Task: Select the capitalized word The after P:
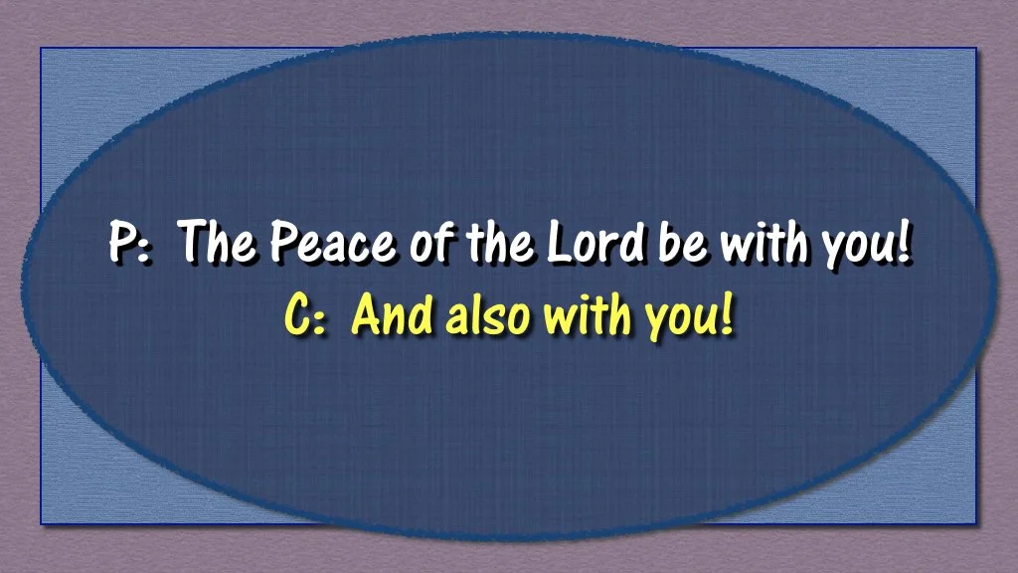pyautogui.click(x=218, y=244)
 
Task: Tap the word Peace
pyautogui.click(x=332, y=244)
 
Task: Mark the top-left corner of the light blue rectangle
pyautogui.click(x=41, y=48)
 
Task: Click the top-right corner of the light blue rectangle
pyautogui.click(x=976, y=48)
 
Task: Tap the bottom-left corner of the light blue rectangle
pyautogui.click(x=41, y=524)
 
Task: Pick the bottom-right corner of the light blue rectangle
pyautogui.click(x=976, y=524)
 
